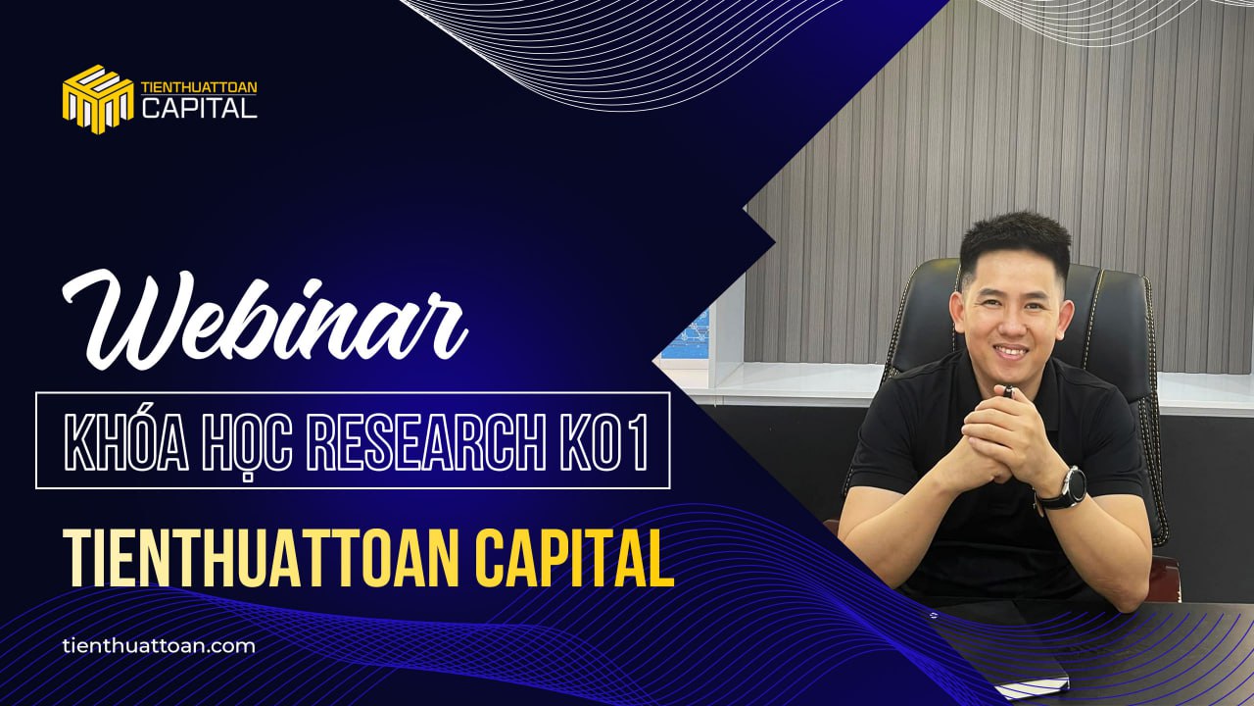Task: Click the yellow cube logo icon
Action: [98, 99]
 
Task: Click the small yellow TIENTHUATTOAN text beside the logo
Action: [199, 87]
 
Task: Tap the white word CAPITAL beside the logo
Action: [199, 108]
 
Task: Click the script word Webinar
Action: [265, 320]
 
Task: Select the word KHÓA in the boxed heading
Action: [126, 440]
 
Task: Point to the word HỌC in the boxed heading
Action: [249, 442]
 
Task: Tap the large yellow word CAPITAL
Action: [574, 558]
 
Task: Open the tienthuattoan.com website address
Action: [159, 646]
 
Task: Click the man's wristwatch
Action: [1067, 488]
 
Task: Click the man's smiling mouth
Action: [1011, 351]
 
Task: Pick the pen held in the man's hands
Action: [1008, 391]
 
